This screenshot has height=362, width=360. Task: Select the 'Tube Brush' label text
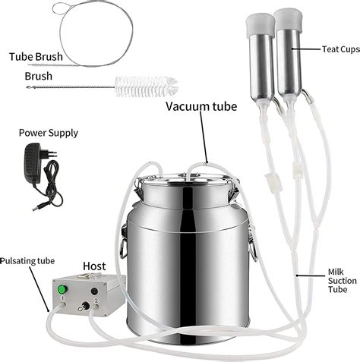click(x=36, y=57)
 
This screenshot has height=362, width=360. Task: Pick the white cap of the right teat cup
click(x=289, y=18)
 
